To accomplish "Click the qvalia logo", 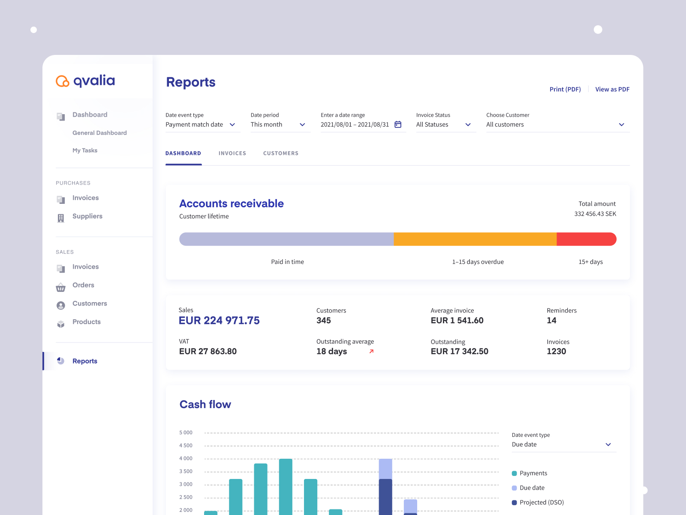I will pos(85,81).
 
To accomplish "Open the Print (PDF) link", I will pos(565,89).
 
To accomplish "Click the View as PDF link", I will pos(612,89).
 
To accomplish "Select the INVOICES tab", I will pos(232,153).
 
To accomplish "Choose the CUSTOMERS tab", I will pos(280,153).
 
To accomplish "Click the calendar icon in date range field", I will pos(398,124).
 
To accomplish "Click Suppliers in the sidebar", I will pos(87,216).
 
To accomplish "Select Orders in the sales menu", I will pos(83,285).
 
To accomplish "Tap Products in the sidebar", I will pos(86,322).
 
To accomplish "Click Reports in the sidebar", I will pos(84,361).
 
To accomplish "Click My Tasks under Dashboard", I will pos(85,150).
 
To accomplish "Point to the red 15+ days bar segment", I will pos(586,239).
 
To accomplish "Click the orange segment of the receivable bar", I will pos(475,239).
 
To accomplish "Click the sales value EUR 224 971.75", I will pos(219,321).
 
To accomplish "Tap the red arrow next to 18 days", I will pos(371,351).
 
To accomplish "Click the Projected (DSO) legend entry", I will pos(541,502).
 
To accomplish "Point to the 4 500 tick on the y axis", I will pos(186,445).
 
